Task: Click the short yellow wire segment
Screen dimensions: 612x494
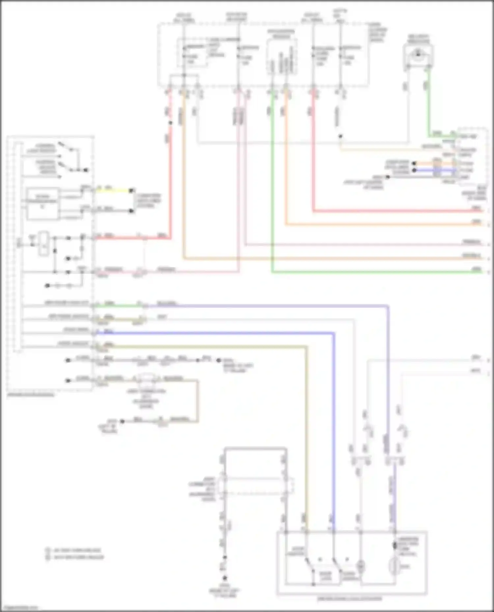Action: [114, 190]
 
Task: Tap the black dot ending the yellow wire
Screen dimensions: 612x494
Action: [131, 191]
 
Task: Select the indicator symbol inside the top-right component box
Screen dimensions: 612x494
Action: [418, 54]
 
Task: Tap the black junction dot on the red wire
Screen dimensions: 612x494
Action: [170, 123]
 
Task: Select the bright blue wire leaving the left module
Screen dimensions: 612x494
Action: [214, 333]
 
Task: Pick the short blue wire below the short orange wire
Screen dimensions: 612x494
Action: [435, 170]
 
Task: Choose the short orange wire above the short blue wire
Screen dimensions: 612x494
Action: [435, 163]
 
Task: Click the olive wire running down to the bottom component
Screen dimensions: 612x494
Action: [307, 428]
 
